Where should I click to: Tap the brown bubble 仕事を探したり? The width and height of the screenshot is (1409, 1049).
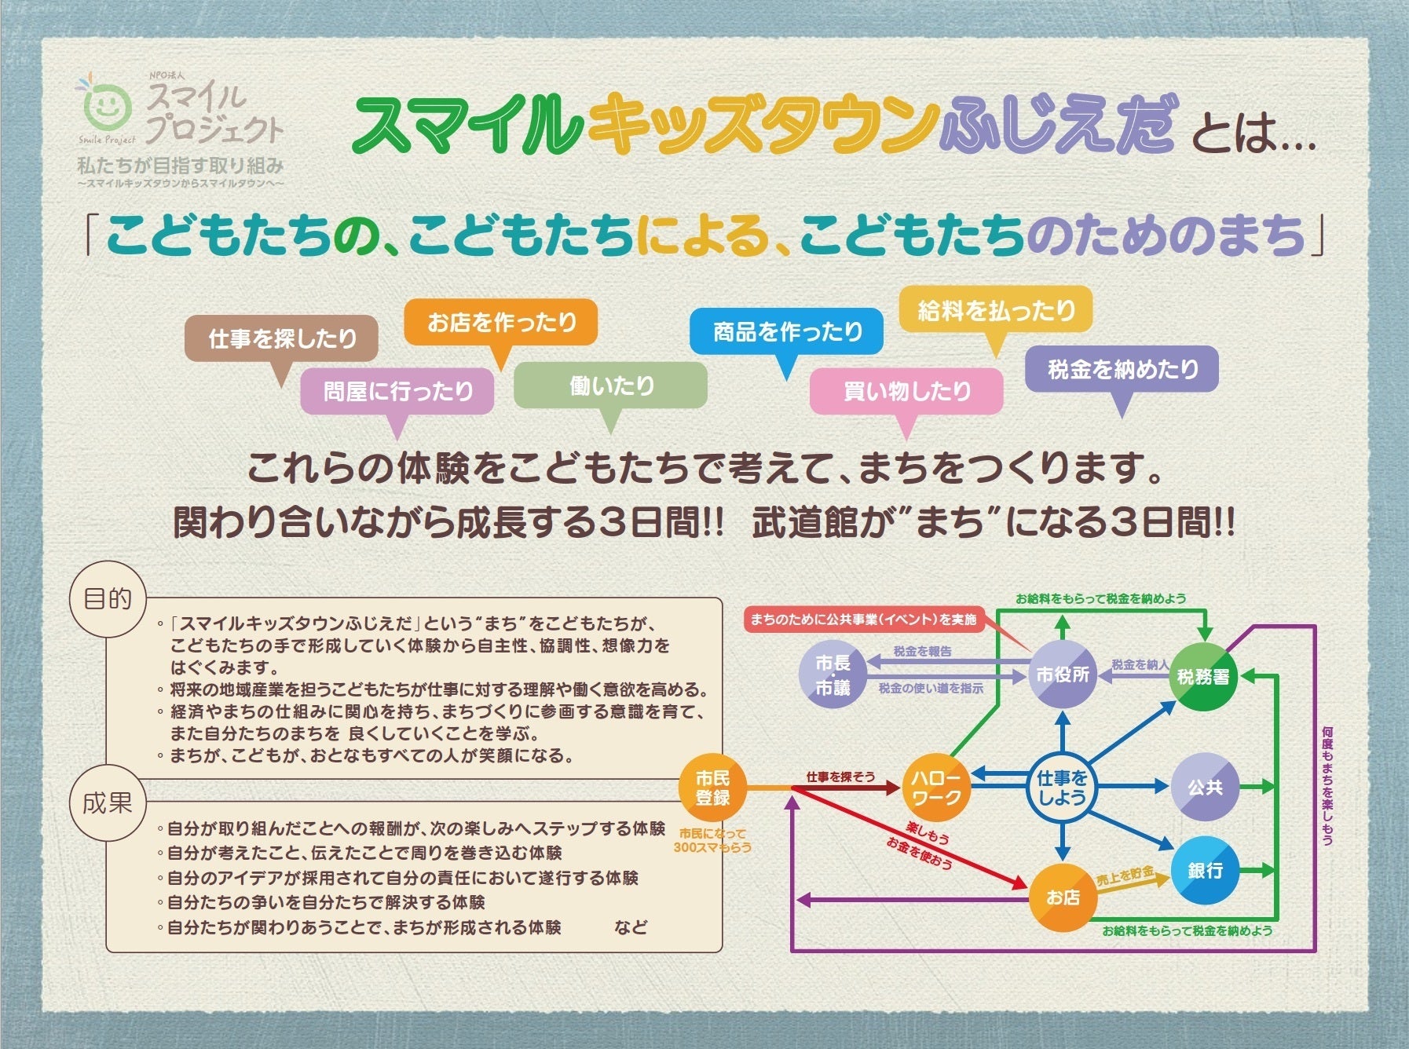tap(282, 338)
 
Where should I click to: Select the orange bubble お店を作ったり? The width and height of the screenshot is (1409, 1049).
tap(501, 322)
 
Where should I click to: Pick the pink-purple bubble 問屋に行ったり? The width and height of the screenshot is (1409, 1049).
tap(397, 391)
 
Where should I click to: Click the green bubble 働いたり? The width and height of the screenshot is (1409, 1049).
tap(611, 386)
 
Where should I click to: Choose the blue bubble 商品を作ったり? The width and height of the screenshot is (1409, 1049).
tap(787, 331)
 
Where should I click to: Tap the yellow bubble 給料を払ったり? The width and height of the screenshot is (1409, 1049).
tap(996, 311)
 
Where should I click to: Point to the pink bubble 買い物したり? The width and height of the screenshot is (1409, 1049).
tap(906, 391)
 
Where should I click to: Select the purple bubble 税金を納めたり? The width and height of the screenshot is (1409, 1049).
tap(1122, 369)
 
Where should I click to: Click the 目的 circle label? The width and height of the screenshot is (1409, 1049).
tap(108, 599)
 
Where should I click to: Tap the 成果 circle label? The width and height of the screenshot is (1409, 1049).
tap(108, 802)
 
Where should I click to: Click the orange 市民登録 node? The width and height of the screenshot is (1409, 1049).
tap(712, 788)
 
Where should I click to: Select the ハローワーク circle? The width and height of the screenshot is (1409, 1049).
tap(935, 788)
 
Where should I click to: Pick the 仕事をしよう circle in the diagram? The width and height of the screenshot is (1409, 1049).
tap(1062, 788)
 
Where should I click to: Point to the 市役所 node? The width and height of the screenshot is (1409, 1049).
tap(1062, 674)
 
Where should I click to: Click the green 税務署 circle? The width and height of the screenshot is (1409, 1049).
tap(1203, 676)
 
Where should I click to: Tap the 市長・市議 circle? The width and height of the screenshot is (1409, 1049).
tap(833, 675)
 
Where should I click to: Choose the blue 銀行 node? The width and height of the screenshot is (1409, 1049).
tap(1205, 870)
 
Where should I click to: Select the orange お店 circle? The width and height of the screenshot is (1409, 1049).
tap(1063, 897)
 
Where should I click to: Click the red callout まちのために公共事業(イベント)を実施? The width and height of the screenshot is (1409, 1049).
tap(862, 620)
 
